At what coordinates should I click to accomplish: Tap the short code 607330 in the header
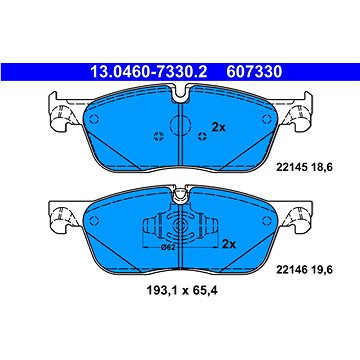coord(257,71)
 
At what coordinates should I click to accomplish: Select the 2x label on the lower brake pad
coord(229,243)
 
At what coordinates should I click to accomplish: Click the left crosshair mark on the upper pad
coord(155,137)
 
